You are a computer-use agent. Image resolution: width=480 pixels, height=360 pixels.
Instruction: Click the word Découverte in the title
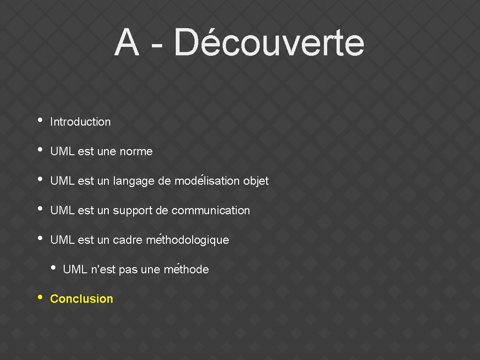pyautogui.click(x=269, y=43)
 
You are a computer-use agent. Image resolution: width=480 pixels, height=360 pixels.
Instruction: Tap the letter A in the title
pyautogui.click(x=127, y=43)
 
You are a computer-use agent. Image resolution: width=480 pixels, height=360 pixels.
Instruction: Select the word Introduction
pyautogui.click(x=81, y=122)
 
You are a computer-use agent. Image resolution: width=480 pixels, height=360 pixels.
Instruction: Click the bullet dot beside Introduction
pyautogui.click(x=40, y=120)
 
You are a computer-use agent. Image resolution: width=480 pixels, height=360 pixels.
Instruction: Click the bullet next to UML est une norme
pyautogui.click(x=40, y=150)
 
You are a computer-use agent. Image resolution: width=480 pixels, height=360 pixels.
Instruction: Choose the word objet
pyautogui.click(x=256, y=181)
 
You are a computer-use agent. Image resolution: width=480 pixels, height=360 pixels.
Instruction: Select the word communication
pyautogui.click(x=211, y=210)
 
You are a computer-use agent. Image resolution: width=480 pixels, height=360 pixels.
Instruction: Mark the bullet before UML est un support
pyautogui.click(x=40, y=209)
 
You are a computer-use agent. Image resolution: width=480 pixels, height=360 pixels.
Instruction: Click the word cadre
pyautogui.click(x=128, y=240)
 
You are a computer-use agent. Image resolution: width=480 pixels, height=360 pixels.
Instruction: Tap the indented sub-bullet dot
pyautogui.click(x=53, y=268)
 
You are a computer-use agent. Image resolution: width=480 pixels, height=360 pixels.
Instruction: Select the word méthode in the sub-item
pyautogui.click(x=187, y=270)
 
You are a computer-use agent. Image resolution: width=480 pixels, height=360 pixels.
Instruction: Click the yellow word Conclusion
pyautogui.click(x=82, y=299)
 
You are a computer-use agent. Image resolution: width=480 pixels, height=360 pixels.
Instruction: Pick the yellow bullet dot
pyautogui.click(x=40, y=297)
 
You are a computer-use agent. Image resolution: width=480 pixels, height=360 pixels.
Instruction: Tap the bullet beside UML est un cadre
pyautogui.click(x=40, y=238)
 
